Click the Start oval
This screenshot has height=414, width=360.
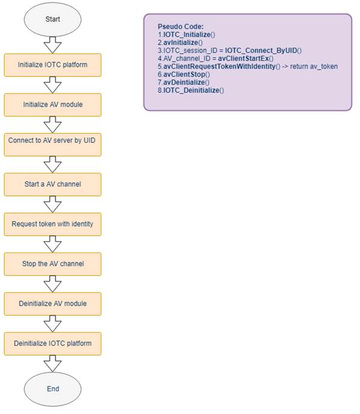(x=52, y=19)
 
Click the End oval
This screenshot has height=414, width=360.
(x=52, y=389)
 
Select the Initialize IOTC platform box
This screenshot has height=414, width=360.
(x=52, y=65)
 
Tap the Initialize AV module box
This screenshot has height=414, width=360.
(x=52, y=105)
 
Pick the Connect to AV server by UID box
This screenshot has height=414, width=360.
(x=52, y=145)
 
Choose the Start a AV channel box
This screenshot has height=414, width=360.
(x=52, y=184)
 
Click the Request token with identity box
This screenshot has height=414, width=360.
(x=52, y=224)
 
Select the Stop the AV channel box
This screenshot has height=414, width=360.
(x=52, y=264)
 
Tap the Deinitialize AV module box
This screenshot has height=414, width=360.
(x=52, y=304)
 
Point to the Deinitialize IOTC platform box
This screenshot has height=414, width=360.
(x=52, y=343)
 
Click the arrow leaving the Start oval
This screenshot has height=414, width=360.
(x=52, y=45)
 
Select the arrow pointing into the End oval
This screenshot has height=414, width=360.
(x=52, y=363)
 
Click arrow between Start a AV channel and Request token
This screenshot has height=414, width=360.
(x=52, y=204)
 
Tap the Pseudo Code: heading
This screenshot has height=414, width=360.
(x=181, y=27)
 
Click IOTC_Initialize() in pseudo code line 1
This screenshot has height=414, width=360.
(x=189, y=34)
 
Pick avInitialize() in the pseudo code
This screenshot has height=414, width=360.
(x=183, y=43)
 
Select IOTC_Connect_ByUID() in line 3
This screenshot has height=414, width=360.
(x=264, y=51)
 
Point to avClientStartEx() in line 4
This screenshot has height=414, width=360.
(x=245, y=58)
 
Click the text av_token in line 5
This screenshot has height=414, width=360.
(x=324, y=66)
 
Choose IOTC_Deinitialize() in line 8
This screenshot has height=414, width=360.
(x=194, y=90)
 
